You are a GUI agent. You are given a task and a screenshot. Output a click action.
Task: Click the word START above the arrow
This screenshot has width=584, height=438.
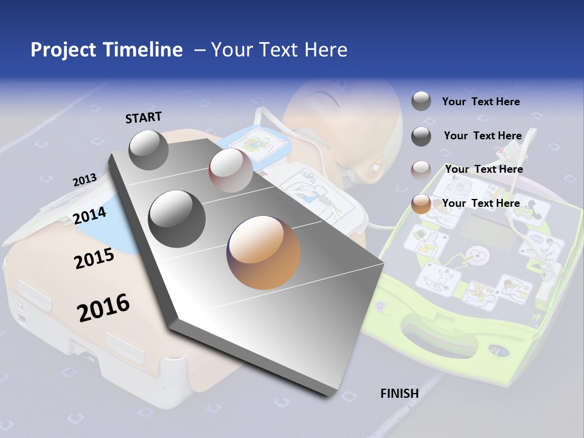pos(144,117)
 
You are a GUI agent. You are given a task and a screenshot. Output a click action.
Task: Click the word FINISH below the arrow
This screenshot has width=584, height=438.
pos(399,393)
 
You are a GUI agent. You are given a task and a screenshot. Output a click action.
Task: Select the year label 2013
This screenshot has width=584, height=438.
pos(85,179)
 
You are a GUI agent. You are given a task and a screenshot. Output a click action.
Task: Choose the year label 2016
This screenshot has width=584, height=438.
pos(103,307)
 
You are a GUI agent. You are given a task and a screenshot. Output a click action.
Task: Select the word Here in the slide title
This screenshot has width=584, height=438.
pos(325,50)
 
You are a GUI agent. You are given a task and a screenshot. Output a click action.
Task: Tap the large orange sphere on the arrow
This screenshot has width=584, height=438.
pos(263,252)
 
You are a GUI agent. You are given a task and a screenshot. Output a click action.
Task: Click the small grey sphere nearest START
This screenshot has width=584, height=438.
pos(148,150)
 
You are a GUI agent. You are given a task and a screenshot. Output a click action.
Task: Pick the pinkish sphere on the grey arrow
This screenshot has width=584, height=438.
pos(231,170)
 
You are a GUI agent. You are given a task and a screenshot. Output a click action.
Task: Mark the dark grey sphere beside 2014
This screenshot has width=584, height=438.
pos(177,218)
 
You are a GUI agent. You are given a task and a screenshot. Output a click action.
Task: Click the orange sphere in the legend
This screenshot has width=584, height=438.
pos(421,204)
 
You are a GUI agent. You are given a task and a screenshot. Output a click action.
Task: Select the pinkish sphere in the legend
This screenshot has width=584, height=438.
pos(421,170)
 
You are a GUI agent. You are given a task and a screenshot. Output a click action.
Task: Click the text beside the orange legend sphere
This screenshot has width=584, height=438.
pos(481,203)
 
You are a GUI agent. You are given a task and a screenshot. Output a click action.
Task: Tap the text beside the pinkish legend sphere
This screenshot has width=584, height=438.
pos(484,169)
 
